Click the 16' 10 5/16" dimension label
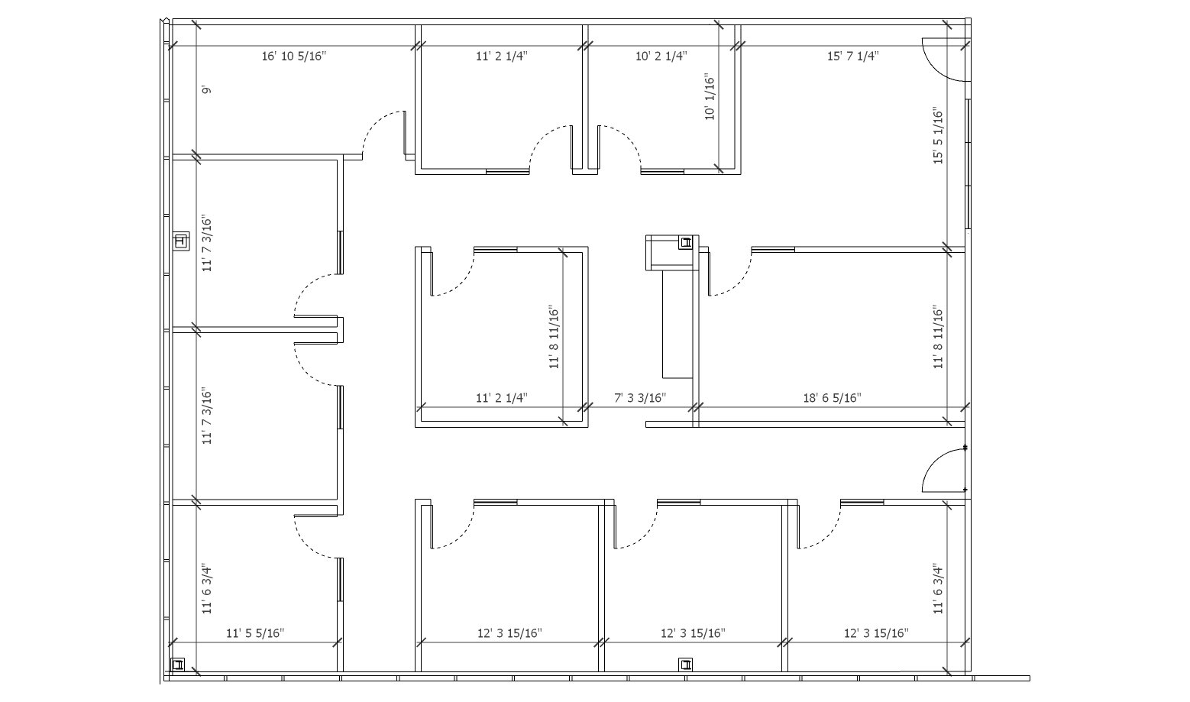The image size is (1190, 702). click(294, 56)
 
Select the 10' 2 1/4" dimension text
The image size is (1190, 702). click(661, 56)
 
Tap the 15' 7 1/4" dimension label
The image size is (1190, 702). click(852, 56)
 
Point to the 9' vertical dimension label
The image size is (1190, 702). click(207, 90)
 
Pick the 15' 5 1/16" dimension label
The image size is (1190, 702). click(938, 135)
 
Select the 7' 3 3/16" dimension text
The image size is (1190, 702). click(640, 397)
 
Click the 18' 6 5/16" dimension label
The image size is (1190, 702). click(832, 397)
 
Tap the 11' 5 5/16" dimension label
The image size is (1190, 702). click(255, 633)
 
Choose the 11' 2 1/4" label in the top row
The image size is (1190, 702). click(502, 56)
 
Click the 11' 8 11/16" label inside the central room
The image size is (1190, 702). click(554, 337)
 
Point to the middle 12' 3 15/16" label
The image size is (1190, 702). click(693, 633)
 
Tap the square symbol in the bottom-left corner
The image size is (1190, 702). click(177, 665)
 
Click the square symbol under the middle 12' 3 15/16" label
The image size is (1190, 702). click(686, 665)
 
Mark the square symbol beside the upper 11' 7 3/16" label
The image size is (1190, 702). click(181, 242)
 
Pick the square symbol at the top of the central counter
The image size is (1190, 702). click(686, 243)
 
